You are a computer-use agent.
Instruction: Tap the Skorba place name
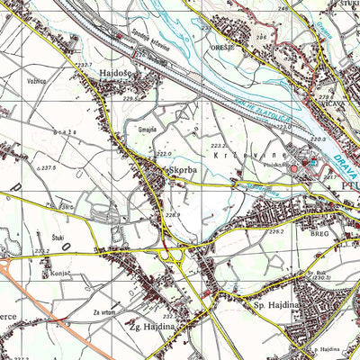[179, 167]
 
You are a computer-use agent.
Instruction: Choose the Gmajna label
[148, 130]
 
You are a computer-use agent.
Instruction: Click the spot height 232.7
[84, 64]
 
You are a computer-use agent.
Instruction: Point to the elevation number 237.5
[49, 168]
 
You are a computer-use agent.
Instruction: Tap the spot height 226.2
[275, 232]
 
